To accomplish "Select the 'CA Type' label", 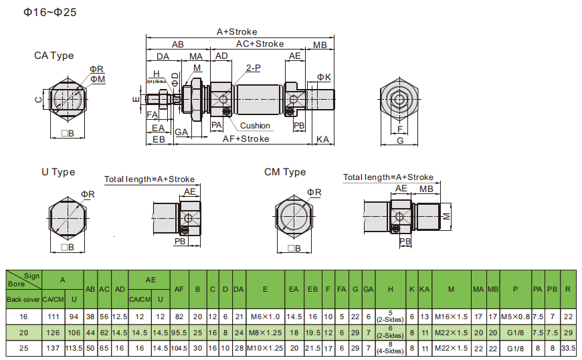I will pos(54,56).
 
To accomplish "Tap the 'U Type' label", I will pos(58,172).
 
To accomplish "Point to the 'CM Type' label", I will pos(285,172).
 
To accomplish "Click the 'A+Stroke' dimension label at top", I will pos(237,31).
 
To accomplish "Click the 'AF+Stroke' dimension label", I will pos(246,139).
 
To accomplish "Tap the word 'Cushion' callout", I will pos(255,126).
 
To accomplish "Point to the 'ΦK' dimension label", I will pos(324,78).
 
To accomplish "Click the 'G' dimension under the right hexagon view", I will pos(400,141).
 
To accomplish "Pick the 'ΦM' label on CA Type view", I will pos(98,79).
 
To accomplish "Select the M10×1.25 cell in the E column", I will pos(266,349).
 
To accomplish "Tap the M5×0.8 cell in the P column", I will pos(515,317).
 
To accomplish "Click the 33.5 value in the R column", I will pos(568,349).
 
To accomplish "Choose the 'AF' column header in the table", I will pos(179,289).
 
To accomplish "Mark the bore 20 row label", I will pos(23,333).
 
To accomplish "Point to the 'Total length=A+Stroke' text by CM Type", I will pos(389,177).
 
